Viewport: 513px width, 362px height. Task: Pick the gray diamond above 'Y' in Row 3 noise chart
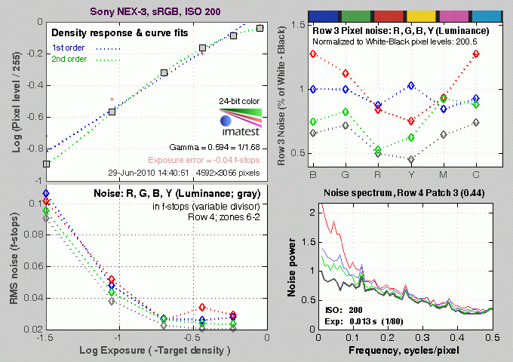410,160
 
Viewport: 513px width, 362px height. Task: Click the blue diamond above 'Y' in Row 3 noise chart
410,86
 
